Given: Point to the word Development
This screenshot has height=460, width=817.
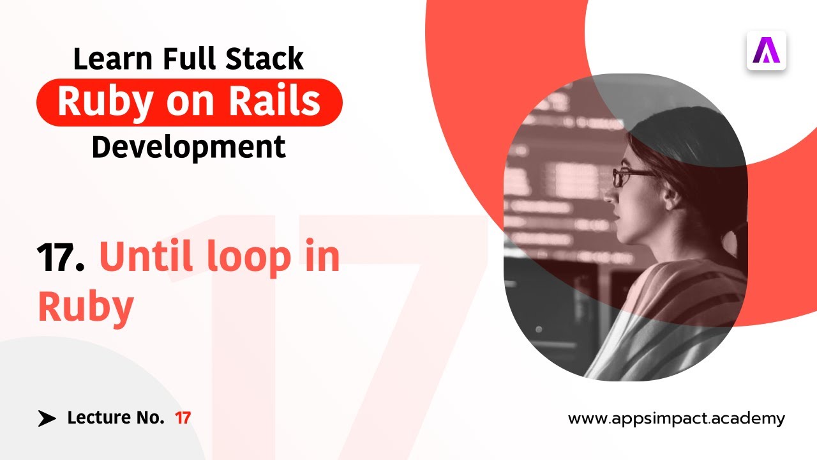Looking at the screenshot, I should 188,147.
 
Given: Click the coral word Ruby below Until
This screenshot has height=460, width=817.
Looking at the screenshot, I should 86,307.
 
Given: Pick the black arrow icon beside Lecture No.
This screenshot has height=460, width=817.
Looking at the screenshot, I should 47,418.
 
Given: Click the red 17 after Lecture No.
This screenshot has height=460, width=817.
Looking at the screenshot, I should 183,418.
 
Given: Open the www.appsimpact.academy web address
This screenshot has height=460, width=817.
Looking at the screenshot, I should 677,419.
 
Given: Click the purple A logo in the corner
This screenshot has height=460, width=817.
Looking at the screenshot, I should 766,50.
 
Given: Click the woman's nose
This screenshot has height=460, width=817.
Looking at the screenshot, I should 610,195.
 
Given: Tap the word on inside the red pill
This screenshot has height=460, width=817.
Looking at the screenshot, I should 188,102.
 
